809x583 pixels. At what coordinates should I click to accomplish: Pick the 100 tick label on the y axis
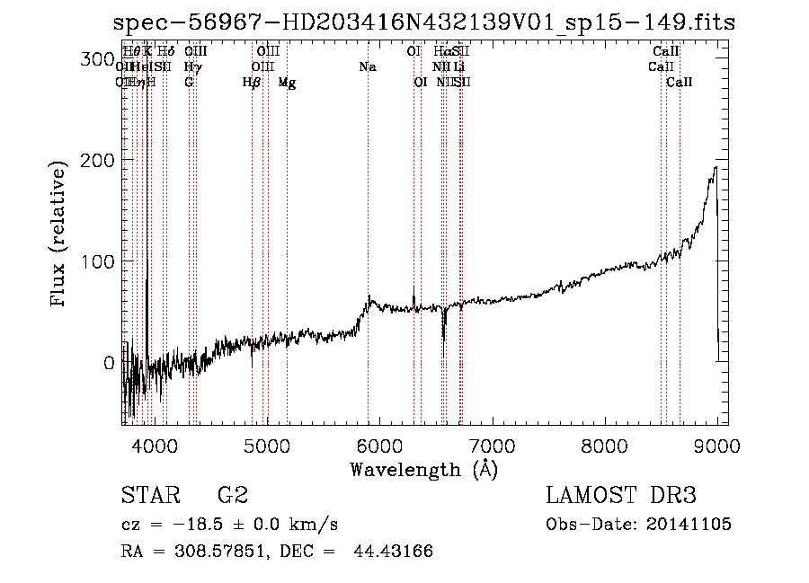[96, 261]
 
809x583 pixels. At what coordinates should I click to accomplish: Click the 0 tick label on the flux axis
[108, 363]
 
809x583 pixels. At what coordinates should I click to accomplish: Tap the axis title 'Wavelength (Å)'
[423, 469]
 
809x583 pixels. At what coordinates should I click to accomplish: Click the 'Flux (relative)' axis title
[60, 236]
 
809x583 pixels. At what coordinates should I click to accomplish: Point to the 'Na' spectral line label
[368, 66]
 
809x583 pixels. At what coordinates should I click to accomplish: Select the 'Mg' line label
[287, 83]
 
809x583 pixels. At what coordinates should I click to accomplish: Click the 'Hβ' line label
[252, 83]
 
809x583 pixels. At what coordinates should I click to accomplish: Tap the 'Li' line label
[458, 66]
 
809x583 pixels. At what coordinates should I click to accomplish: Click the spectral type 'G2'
[233, 495]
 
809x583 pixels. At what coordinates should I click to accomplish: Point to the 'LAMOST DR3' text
[621, 495]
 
